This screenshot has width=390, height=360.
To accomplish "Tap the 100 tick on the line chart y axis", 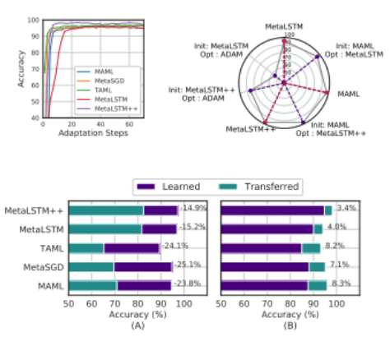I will coord(32,20).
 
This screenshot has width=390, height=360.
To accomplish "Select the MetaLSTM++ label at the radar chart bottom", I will coord(250,129).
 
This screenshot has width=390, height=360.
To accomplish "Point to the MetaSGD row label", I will coord(48,266).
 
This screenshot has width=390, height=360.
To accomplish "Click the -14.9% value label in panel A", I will coord(193,210).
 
